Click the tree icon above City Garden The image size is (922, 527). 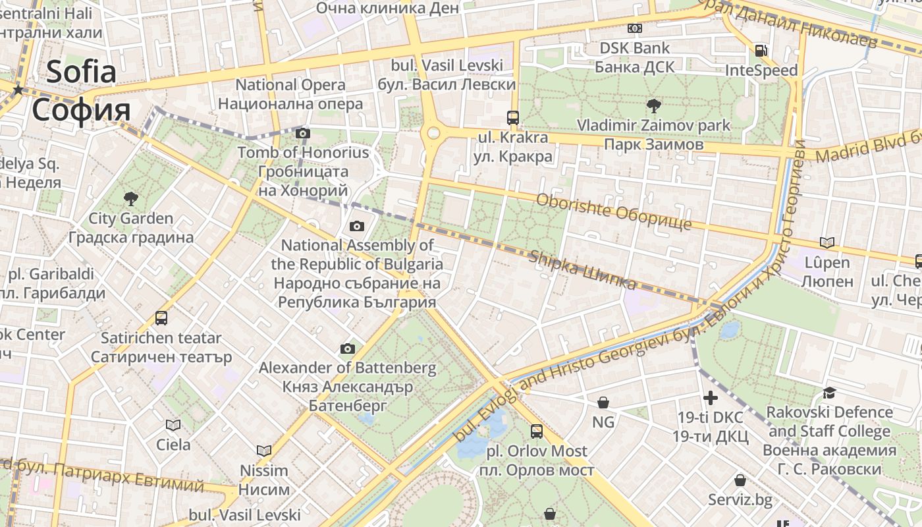(130, 198)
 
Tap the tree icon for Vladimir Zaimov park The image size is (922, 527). (653, 105)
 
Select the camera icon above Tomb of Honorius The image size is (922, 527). (303, 134)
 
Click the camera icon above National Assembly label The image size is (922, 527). (356, 227)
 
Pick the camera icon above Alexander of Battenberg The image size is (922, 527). (347, 348)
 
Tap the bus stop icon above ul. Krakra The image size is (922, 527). (512, 118)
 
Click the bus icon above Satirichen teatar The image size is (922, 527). (161, 318)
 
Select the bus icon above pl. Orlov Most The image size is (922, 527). (537, 431)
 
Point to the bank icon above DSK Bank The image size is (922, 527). (634, 28)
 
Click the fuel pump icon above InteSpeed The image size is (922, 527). (761, 51)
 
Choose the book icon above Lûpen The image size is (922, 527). (827, 243)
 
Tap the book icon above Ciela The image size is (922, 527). (173, 425)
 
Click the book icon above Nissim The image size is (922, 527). (263, 451)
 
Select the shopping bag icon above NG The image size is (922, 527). (603, 402)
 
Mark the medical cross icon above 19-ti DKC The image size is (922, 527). (710, 398)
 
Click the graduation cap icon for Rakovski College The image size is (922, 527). (829, 393)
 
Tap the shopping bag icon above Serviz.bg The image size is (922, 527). (740, 480)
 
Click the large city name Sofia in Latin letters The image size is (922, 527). (81, 71)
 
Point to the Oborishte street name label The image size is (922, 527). (614, 211)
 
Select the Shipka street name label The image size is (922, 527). (583, 270)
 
